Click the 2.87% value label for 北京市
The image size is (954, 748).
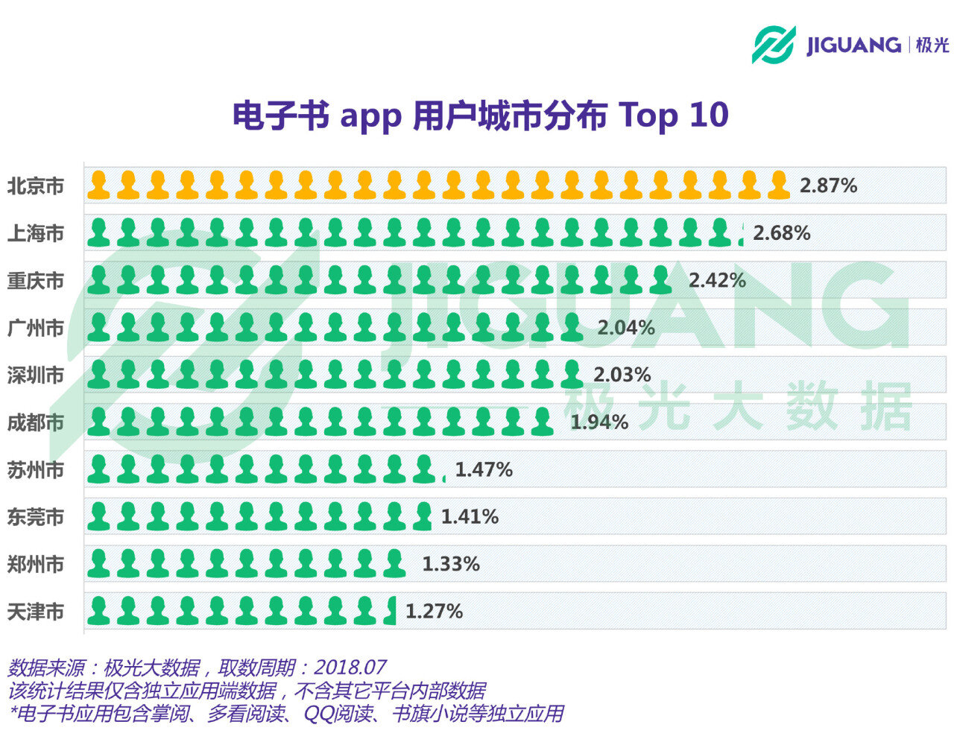click(828, 186)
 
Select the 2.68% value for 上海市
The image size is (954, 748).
click(781, 233)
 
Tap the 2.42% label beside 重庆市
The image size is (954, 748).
click(717, 280)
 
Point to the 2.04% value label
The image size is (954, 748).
click(626, 328)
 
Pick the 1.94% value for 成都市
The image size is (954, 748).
click(599, 422)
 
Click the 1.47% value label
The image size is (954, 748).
click(484, 470)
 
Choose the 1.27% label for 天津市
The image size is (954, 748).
click(434, 612)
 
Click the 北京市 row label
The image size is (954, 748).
click(36, 186)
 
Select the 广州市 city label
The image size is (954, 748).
click(36, 328)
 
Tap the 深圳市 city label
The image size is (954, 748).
click(36, 375)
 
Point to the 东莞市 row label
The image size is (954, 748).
click(36, 517)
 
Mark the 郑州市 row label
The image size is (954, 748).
click(36, 565)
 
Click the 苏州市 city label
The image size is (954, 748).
click(36, 470)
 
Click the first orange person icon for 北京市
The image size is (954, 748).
click(98, 186)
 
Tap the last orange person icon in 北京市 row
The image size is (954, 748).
click(778, 186)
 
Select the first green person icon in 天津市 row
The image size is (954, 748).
click(98, 611)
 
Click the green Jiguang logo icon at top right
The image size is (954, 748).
click(773, 45)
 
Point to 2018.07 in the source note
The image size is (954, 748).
click(350, 667)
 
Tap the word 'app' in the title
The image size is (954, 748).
click(370, 117)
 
